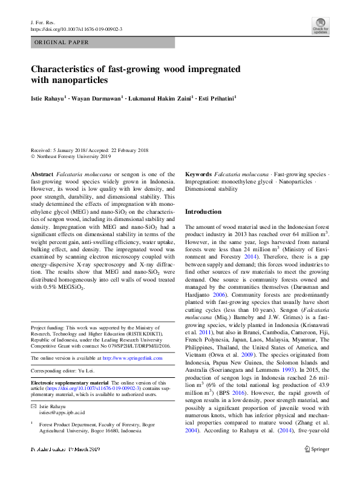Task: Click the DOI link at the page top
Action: tap(76, 29)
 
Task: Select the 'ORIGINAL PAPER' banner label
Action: tap(61, 42)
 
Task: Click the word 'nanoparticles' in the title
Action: tap(77, 79)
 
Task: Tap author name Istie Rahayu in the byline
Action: tap(47, 97)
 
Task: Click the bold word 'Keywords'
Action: tap(198, 174)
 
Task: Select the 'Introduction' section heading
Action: tap(203, 213)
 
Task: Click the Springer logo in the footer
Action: tap(316, 449)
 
